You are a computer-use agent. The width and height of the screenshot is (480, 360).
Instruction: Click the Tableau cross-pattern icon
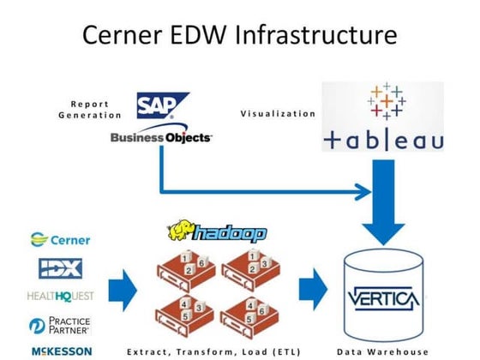tap(385, 104)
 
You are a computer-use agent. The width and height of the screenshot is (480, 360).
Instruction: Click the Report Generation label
tap(89, 108)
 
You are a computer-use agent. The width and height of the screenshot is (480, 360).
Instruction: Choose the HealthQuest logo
tap(61, 296)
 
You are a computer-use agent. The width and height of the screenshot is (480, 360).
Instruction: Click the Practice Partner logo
tap(61, 325)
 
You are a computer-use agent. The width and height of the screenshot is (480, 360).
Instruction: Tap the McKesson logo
tap(61, 351)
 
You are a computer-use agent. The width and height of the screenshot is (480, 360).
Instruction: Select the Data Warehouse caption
tap(381, 351)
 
